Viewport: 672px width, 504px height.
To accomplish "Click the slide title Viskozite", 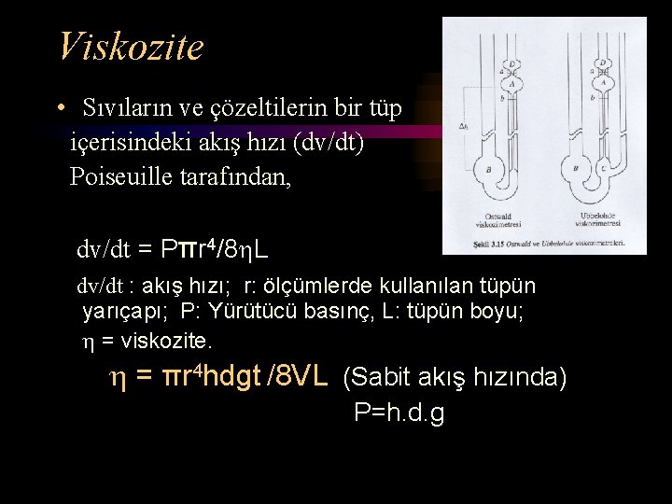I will (x=130, y=46).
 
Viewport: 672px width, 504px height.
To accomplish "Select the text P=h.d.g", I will (x=399, y=413).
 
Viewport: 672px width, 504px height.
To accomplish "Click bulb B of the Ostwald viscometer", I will (x=489, y=168).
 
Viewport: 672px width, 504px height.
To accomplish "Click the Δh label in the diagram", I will (x=464, y=127).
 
